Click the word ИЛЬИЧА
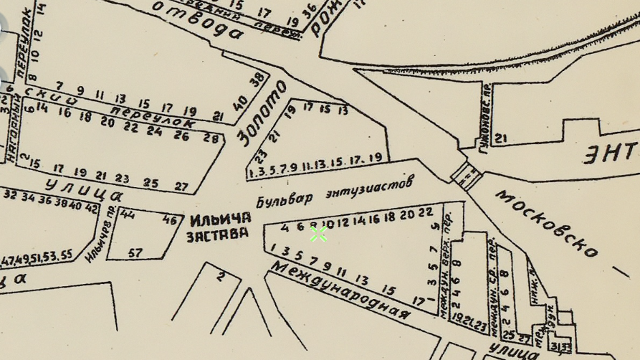pos(221,218)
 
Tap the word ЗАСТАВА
pos(217,234)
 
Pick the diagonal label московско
pos(547,223)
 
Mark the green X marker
pos(318,234)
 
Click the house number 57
pos(135,253)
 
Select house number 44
pos(128,214)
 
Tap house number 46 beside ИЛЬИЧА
pos(170,220)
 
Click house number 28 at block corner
pos(211,138)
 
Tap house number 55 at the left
pos(66,255)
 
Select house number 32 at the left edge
pos(10,195)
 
